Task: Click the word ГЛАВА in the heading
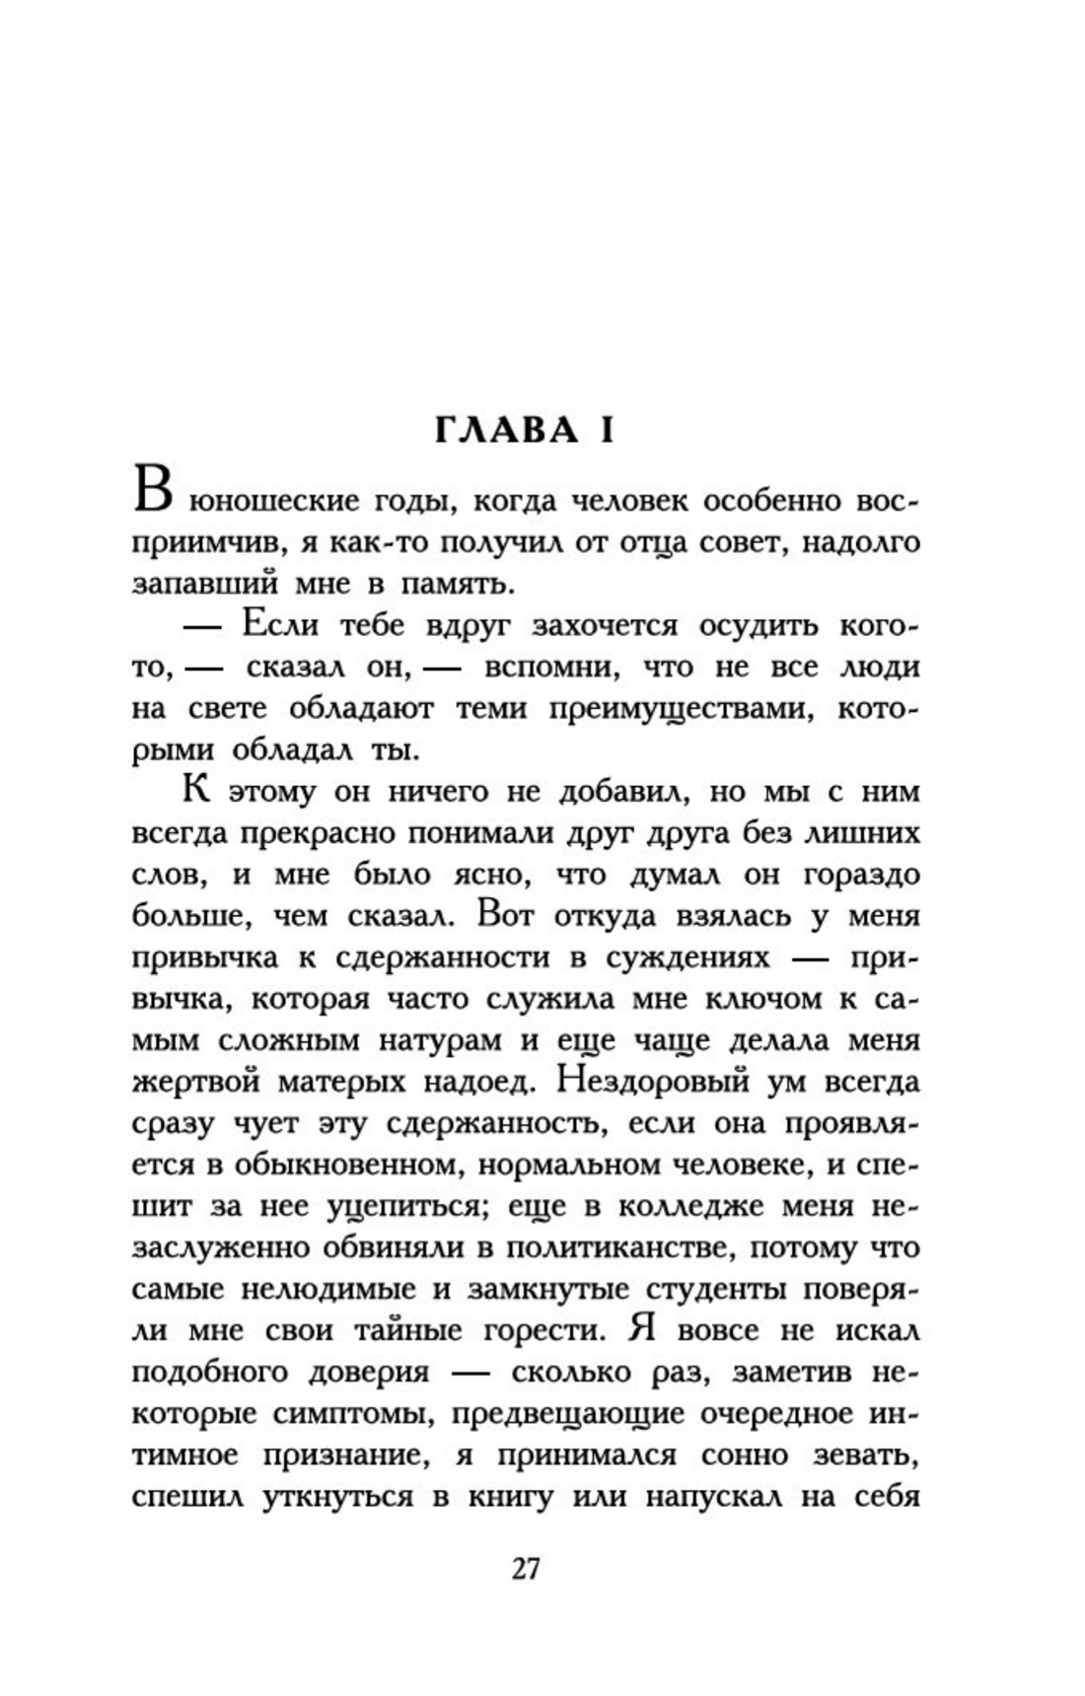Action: (507, 430)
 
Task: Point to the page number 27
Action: (526, 1568)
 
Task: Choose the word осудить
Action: (759, 626)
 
